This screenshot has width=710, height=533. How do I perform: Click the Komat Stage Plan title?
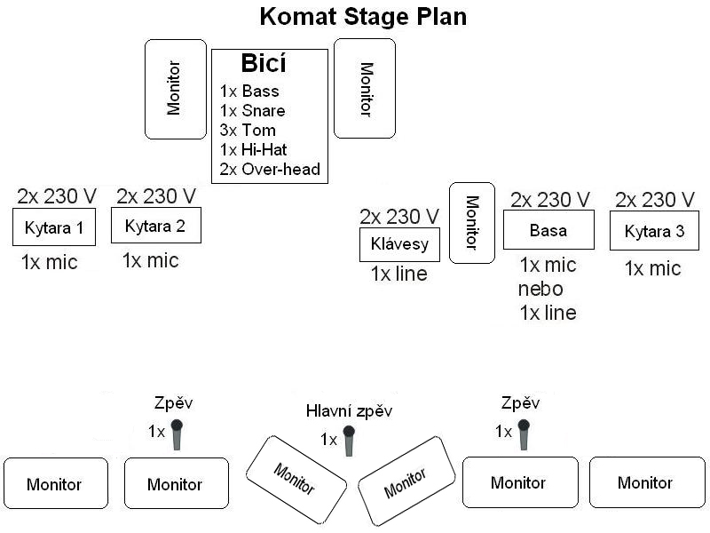[x=363, y=17]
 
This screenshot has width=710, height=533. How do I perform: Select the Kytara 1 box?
[x=54, y=227]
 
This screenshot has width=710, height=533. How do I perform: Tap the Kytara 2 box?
[x=156, y=226]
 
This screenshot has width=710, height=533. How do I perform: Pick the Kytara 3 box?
[x=654, y=231]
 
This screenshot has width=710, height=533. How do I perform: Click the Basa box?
[x=548, y=230]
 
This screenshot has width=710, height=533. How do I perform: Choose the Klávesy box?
[x=399, y=245]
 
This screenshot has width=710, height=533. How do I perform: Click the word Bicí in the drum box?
[x=264, y=63]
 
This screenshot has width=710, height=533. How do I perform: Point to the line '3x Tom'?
[x=248, y=131]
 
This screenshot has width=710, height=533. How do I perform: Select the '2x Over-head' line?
[x=270, y=170]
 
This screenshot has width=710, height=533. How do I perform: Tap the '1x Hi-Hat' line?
[x=254, y=150]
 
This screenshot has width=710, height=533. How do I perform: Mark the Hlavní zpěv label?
[x=349, y=411]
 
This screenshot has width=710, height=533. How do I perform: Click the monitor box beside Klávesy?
[x=472, y=223]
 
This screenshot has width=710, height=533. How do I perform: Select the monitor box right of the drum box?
[x=365, y=88]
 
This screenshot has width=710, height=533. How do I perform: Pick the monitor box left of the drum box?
[x=176, y=90]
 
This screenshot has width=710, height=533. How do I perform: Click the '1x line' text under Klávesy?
[x=398, y=274]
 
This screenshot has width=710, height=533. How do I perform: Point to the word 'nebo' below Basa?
[x=540, y=290]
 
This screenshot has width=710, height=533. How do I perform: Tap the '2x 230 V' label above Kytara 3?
[x=655, y=199]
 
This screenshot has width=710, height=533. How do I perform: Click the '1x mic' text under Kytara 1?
[x=50, y=262]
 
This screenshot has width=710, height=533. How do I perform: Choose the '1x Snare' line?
[x=253, y=111]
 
